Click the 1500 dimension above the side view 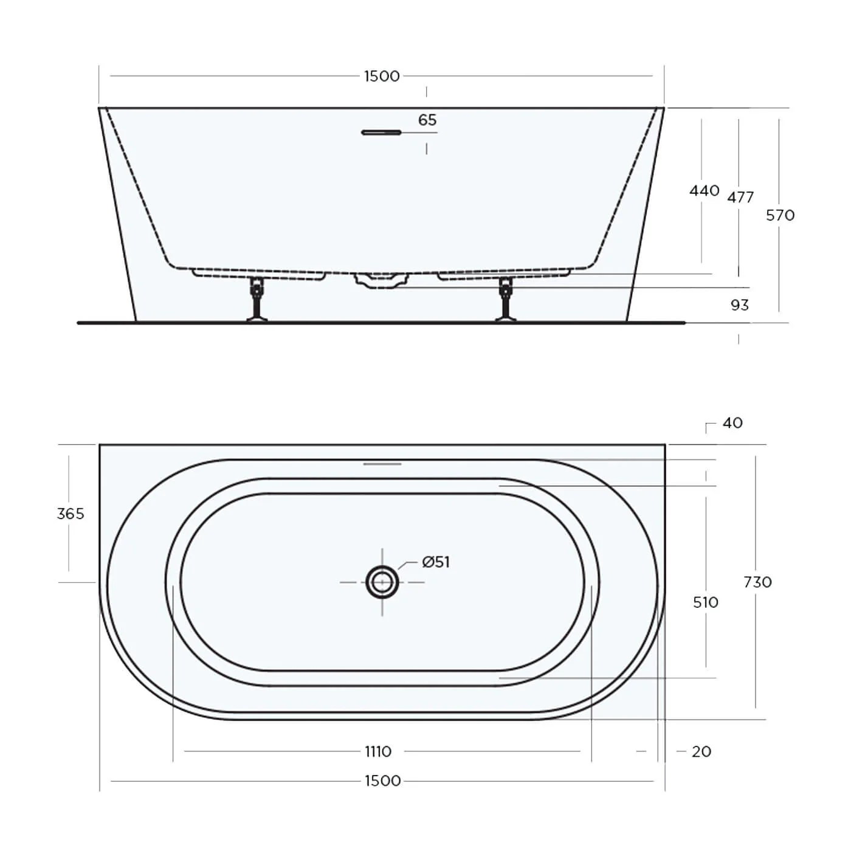pyautogui.click(x=382, y=76)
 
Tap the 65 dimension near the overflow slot pyautogui.click(x=427, y=120)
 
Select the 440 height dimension pyautogui.click(x=704, y=191)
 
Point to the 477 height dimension pyautogui.click(x=740, y=197)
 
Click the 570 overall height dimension pyautogui.click(x=780, y=215)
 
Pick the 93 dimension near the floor pyautogui.click(x=739, y=305)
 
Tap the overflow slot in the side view pyautogui.click(x=382, y=132)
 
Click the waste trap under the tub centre pyautogui.click(x=381, y=281)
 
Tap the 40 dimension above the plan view pyautogui.click(x=732, y=423)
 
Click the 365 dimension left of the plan pyautogui.click(x=70, y=514)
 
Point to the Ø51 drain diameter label pyautogui.click(x=436, y=562)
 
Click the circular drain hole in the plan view pyautogui.click(x=382, y=582)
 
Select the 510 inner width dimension pyautogui.click(x=705, y=602)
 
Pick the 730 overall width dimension pyautogui.click(x=757, y=582)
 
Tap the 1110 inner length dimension pyautogui.click(x=378, y=752)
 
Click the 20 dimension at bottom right pyautogui.click(x=701, y=752)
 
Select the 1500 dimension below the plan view pyautogui.click(x=382, y=781)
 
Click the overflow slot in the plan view pyautogui.click(x=382, y=464)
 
